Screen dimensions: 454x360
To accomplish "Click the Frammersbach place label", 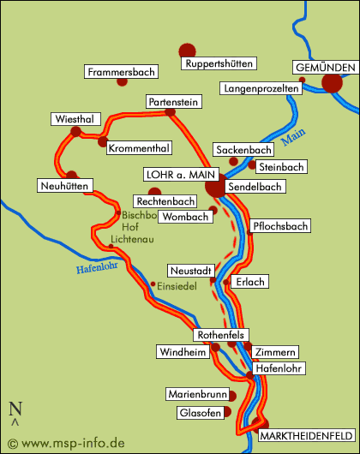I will (120, 73).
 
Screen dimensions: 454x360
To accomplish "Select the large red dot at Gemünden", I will (332, 83).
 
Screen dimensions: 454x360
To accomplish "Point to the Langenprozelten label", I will (261, 88).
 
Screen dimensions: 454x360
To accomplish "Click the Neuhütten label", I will (65, 186).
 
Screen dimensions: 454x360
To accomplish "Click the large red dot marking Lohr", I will (216, 188).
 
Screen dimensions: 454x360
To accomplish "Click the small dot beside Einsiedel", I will (153, 284).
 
